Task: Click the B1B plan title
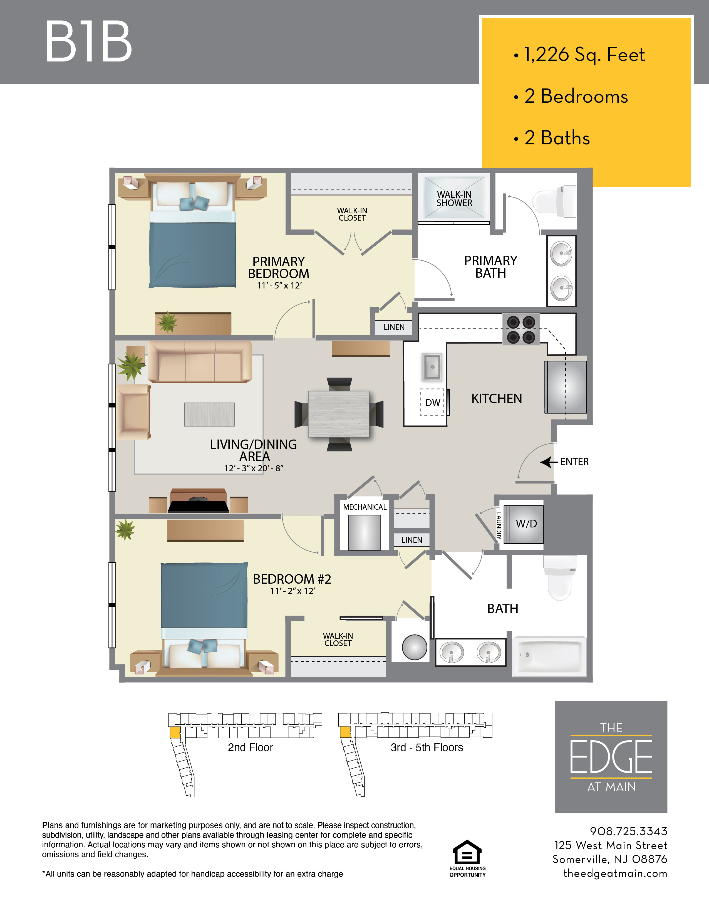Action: click(x=89, y=42)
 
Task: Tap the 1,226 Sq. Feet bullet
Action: click(x=579, y=55)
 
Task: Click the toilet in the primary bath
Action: click(x=554, y=201)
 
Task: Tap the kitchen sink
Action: click(x=432, y=367)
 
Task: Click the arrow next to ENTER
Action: click(x=549, y=462)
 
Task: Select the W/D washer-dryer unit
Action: click(x=524, y=524)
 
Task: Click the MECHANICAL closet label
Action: click(x=365, y=507)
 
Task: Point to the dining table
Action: click(x=339, y=414)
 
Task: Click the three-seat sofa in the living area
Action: click(x=200, y=361)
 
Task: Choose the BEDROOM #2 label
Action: click(x=292, y=579)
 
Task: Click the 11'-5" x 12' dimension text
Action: click(x=279, y=285)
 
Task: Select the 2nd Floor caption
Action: click(x=250, y=747)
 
